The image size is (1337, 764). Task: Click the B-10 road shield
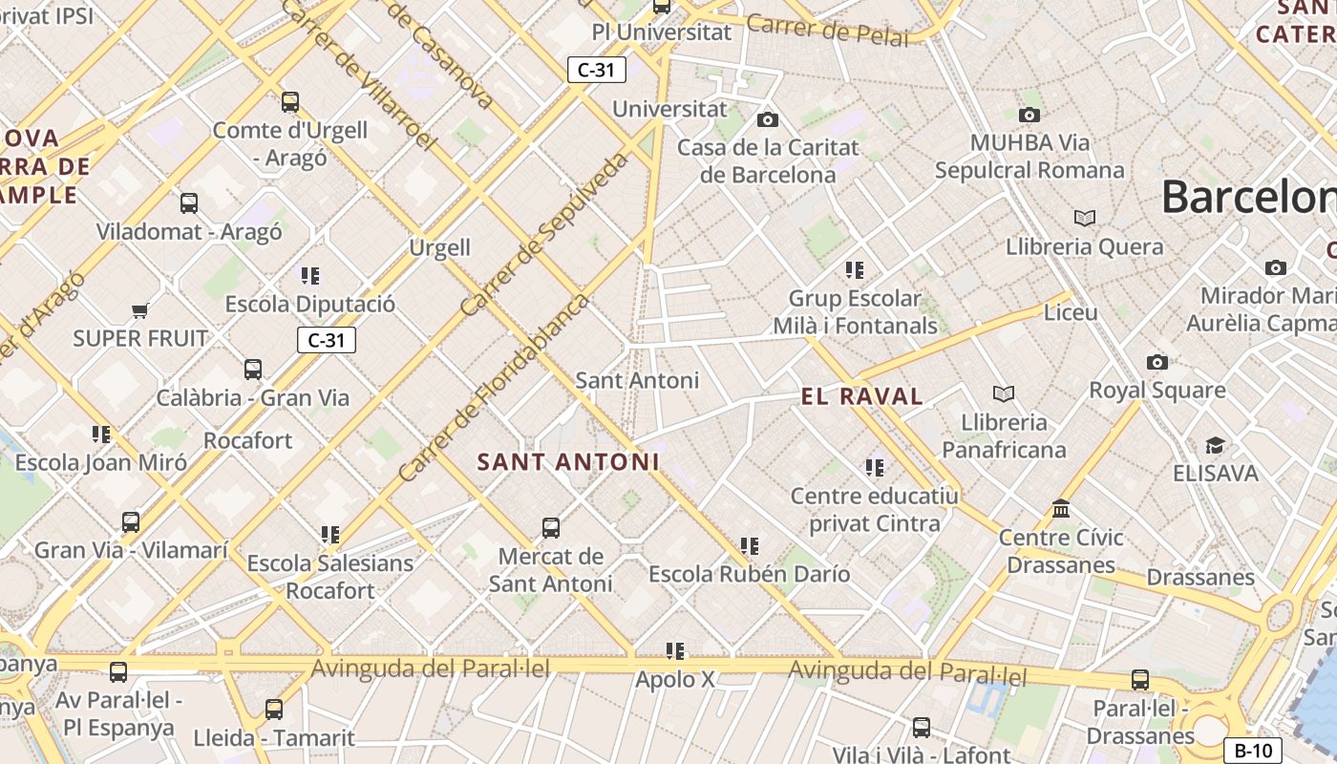coord(1252,751)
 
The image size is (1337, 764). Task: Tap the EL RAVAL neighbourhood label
coord(862,396)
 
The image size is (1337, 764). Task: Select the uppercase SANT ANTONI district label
coord(568,462)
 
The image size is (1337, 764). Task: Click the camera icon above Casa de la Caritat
coord(767,119)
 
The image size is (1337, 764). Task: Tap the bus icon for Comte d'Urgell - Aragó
coord(290,101)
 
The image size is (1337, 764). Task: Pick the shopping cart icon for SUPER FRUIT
coord(140,310)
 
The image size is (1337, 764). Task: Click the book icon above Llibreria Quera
coord(1084,218)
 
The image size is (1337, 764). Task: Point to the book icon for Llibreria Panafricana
coord(1003,393)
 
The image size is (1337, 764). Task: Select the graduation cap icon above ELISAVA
coord(1215,445)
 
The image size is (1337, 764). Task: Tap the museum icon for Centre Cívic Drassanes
coord(1061,509)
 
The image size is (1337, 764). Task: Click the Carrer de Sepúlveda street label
coord(545,234)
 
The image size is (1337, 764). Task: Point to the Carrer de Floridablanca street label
coord(495,388)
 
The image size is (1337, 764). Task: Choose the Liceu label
coord(1071,312)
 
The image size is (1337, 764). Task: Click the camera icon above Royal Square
coord(1157,362)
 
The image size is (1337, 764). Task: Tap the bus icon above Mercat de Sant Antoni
coord(551,528)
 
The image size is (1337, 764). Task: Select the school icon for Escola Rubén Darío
coord(750,546)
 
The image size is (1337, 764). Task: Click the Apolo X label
coord(675,680)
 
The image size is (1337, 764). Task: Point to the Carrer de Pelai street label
coord(827,31)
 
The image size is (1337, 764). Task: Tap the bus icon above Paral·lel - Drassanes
coord(1140,680)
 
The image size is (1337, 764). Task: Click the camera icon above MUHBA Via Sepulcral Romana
coord(1029,115)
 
